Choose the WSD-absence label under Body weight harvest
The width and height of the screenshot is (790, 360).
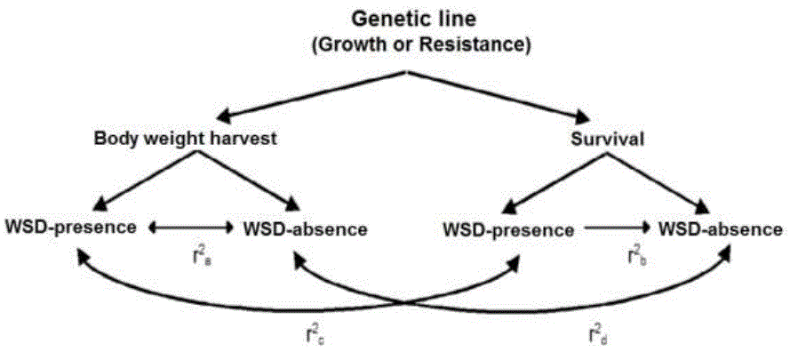[305, 228]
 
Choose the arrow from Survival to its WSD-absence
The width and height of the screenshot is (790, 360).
[666, 181]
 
